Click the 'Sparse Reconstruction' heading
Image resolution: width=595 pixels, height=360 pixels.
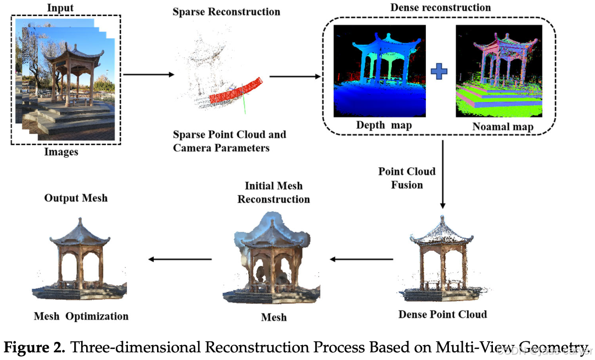coord(226,12)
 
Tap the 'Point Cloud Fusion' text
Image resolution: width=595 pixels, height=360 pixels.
coord(407,178)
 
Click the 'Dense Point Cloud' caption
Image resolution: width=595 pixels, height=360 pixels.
coord(442,314)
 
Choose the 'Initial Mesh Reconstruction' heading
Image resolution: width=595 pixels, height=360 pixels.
coord(273,192)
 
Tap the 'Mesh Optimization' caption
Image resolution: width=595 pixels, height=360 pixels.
coord(81,316)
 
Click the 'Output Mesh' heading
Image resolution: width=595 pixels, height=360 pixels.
coord(76,198)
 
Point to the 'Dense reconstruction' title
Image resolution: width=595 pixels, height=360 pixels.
coord(440,8)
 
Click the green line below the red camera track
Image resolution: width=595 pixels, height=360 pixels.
coord(243,104)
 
